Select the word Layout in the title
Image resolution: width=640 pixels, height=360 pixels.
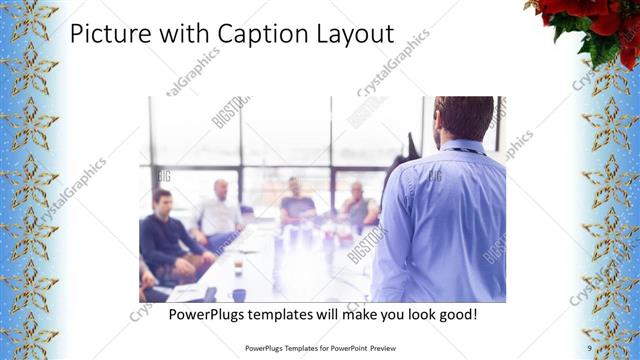351,35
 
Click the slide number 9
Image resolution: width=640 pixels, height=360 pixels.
589,347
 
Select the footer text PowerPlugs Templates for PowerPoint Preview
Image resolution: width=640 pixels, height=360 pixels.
320,347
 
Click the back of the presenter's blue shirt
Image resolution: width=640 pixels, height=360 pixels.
440,220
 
